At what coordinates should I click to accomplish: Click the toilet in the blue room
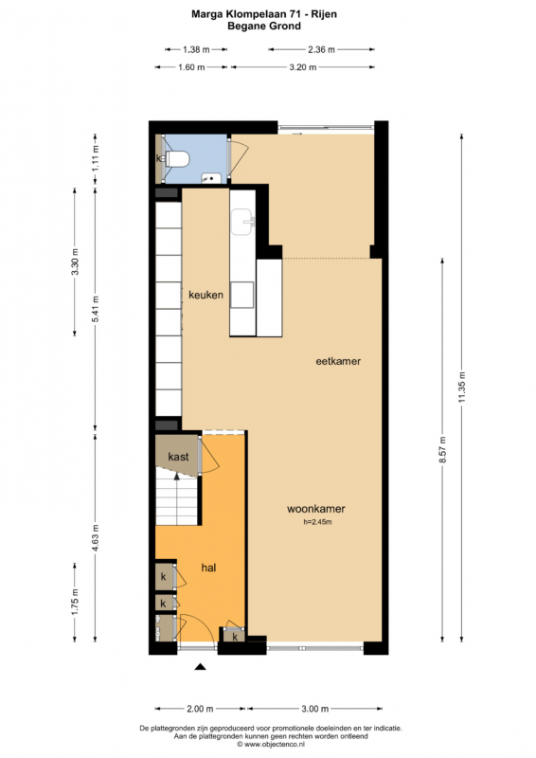[177, 158]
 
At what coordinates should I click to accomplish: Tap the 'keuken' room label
[205, 295]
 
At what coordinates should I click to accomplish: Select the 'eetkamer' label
[338, 361]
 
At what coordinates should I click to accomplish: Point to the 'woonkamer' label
[316, 509]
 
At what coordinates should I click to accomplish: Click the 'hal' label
[208, 568]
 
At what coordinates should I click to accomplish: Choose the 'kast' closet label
[178, 457]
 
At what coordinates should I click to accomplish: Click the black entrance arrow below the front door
[201, 667]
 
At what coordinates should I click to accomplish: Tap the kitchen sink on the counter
[242, 222]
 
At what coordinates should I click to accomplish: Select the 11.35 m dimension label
[462, 388]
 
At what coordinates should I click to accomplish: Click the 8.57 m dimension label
[442, 449]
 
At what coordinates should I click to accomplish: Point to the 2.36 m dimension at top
[321, 49]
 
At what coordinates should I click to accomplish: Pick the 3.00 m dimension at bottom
[315, 709]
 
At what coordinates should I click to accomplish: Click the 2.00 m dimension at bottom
[200, 709]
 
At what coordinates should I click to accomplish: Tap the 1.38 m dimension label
[196, 49]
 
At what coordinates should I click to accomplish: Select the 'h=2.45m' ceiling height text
[317, 522]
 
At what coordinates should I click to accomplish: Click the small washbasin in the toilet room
[211, 178]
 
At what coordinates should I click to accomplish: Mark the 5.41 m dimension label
[96, 310]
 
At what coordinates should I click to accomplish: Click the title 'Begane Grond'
[264, 27]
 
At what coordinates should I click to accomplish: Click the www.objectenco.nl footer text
[271, 745]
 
